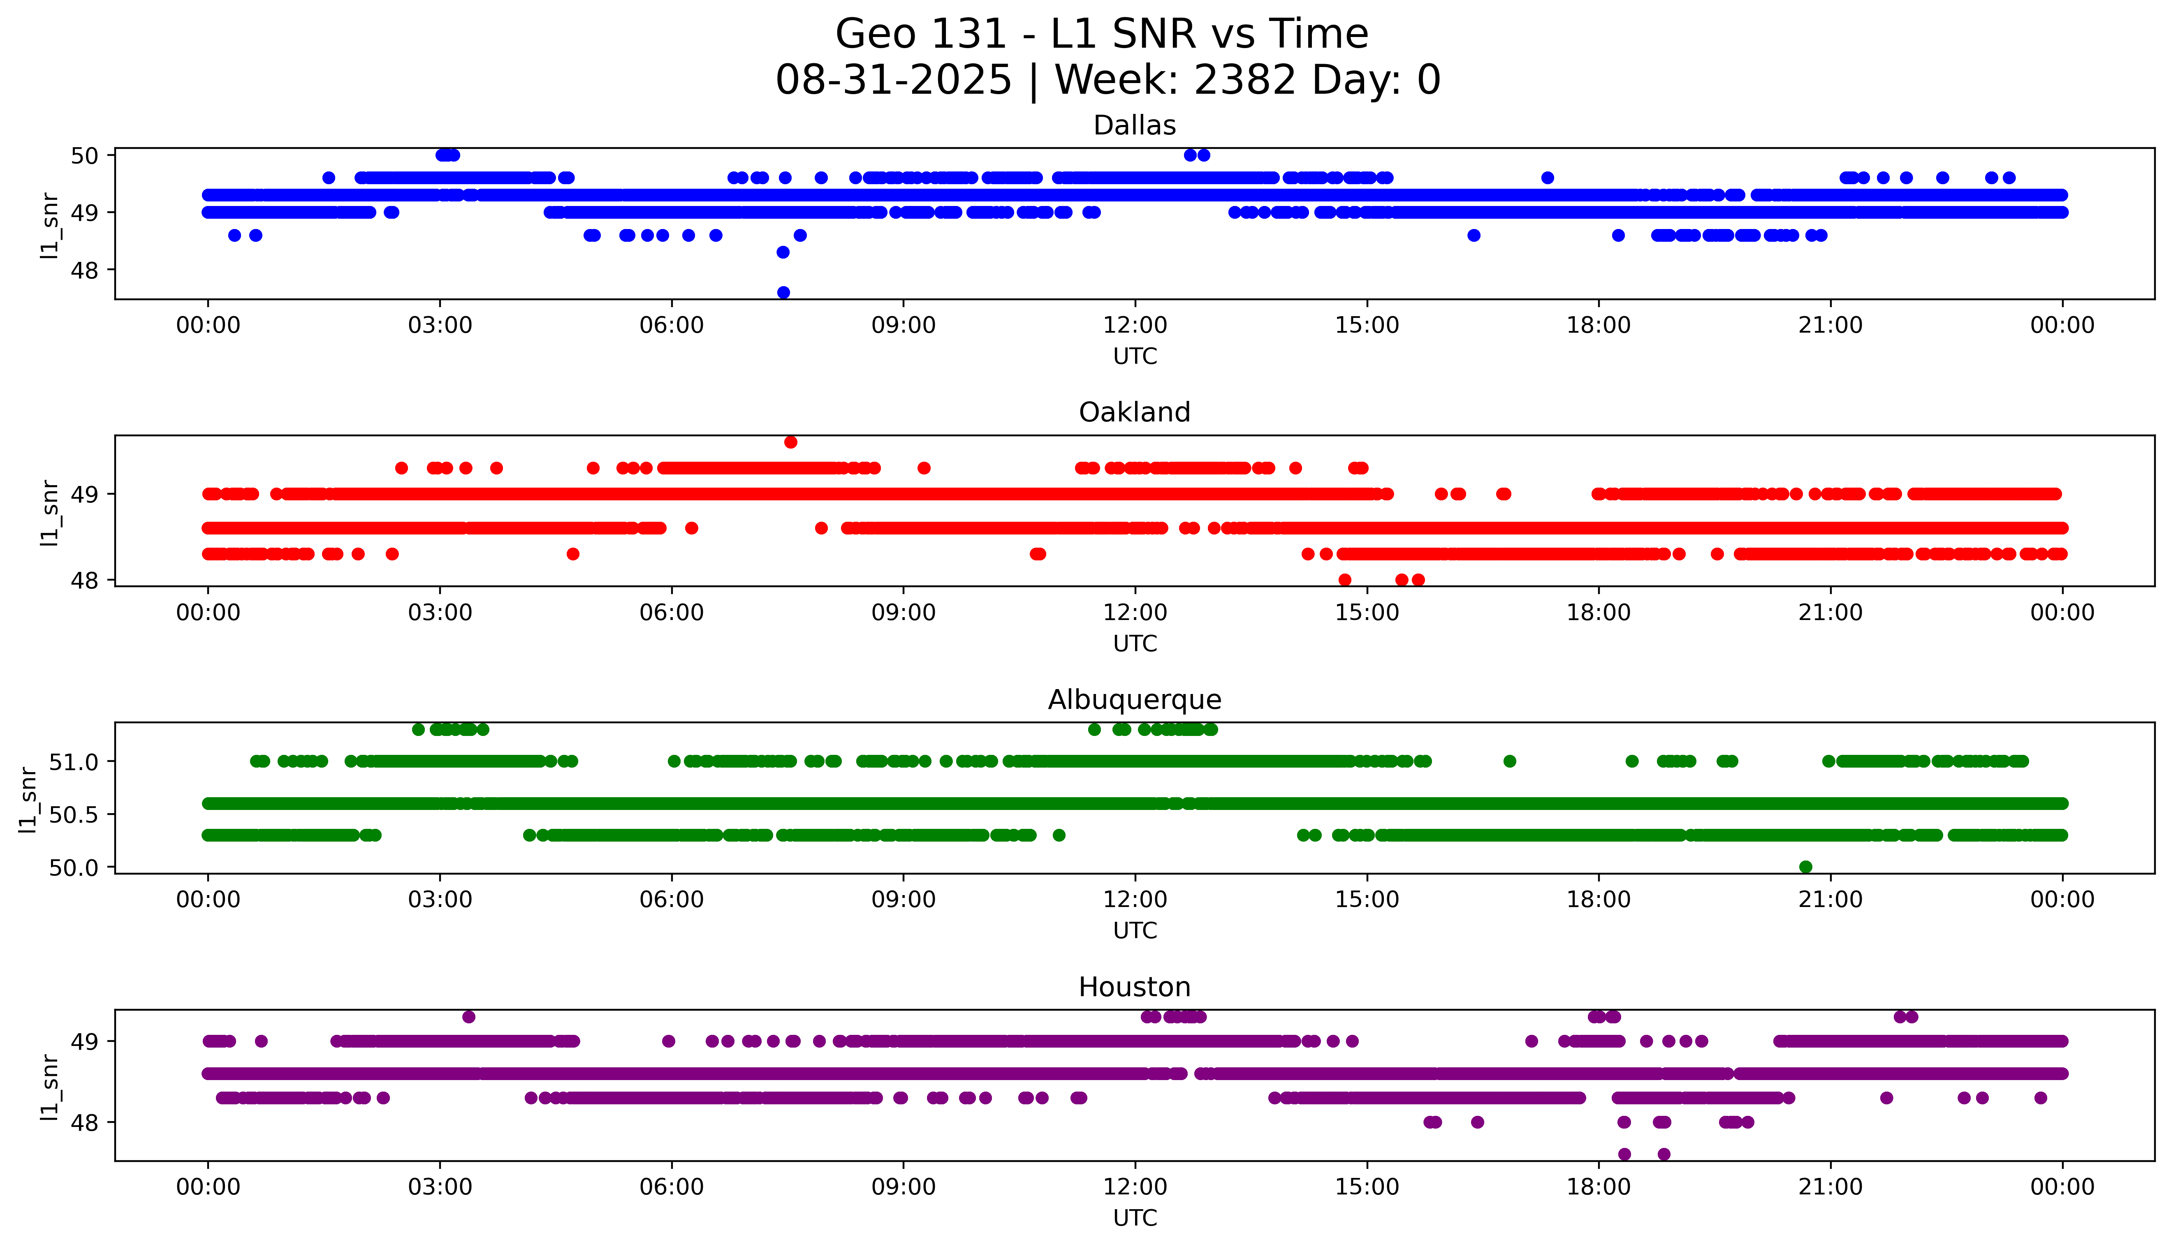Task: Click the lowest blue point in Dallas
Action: tap(783, 292)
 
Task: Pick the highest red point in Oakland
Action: tap(790, 442)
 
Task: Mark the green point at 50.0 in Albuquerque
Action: tap(1805, 867)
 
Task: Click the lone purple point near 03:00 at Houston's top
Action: tap(468, 1017)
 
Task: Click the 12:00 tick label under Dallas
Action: tap(1135, 326)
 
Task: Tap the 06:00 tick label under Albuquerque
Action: tap(672, 899)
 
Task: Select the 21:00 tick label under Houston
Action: tap(1830, 1187)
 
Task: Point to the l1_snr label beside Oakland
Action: tap(50, 512)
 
